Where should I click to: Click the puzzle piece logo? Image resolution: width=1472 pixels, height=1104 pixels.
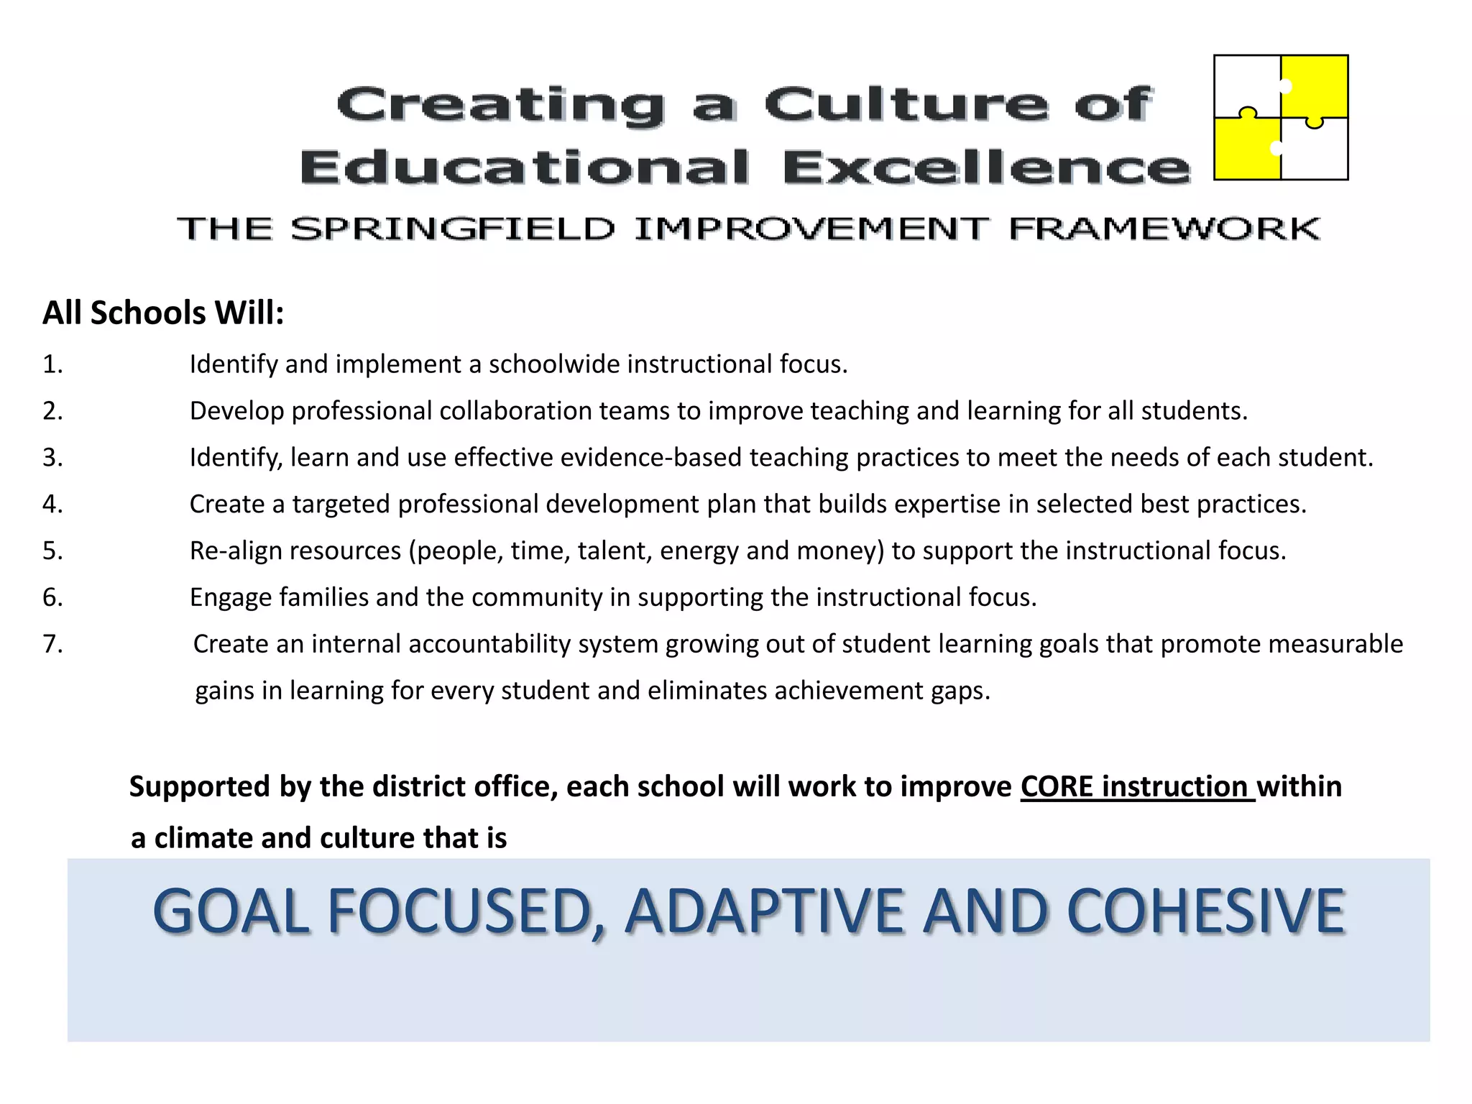coord(1281,117)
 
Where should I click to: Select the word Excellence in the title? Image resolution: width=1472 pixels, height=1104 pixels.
coord(985,167)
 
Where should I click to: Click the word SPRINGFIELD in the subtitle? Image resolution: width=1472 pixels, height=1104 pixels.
coord(453,229)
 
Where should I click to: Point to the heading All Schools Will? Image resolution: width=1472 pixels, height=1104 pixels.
coord(163,313)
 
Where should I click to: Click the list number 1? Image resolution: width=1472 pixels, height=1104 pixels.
coord(52,364)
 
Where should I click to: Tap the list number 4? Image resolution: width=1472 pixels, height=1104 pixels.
coord(52,504)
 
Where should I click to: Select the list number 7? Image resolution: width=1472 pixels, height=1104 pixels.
coord(52,644)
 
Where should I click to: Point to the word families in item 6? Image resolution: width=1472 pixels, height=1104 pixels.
coord(323,597)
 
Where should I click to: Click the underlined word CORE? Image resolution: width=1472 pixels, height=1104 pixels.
coord(1057,787)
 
